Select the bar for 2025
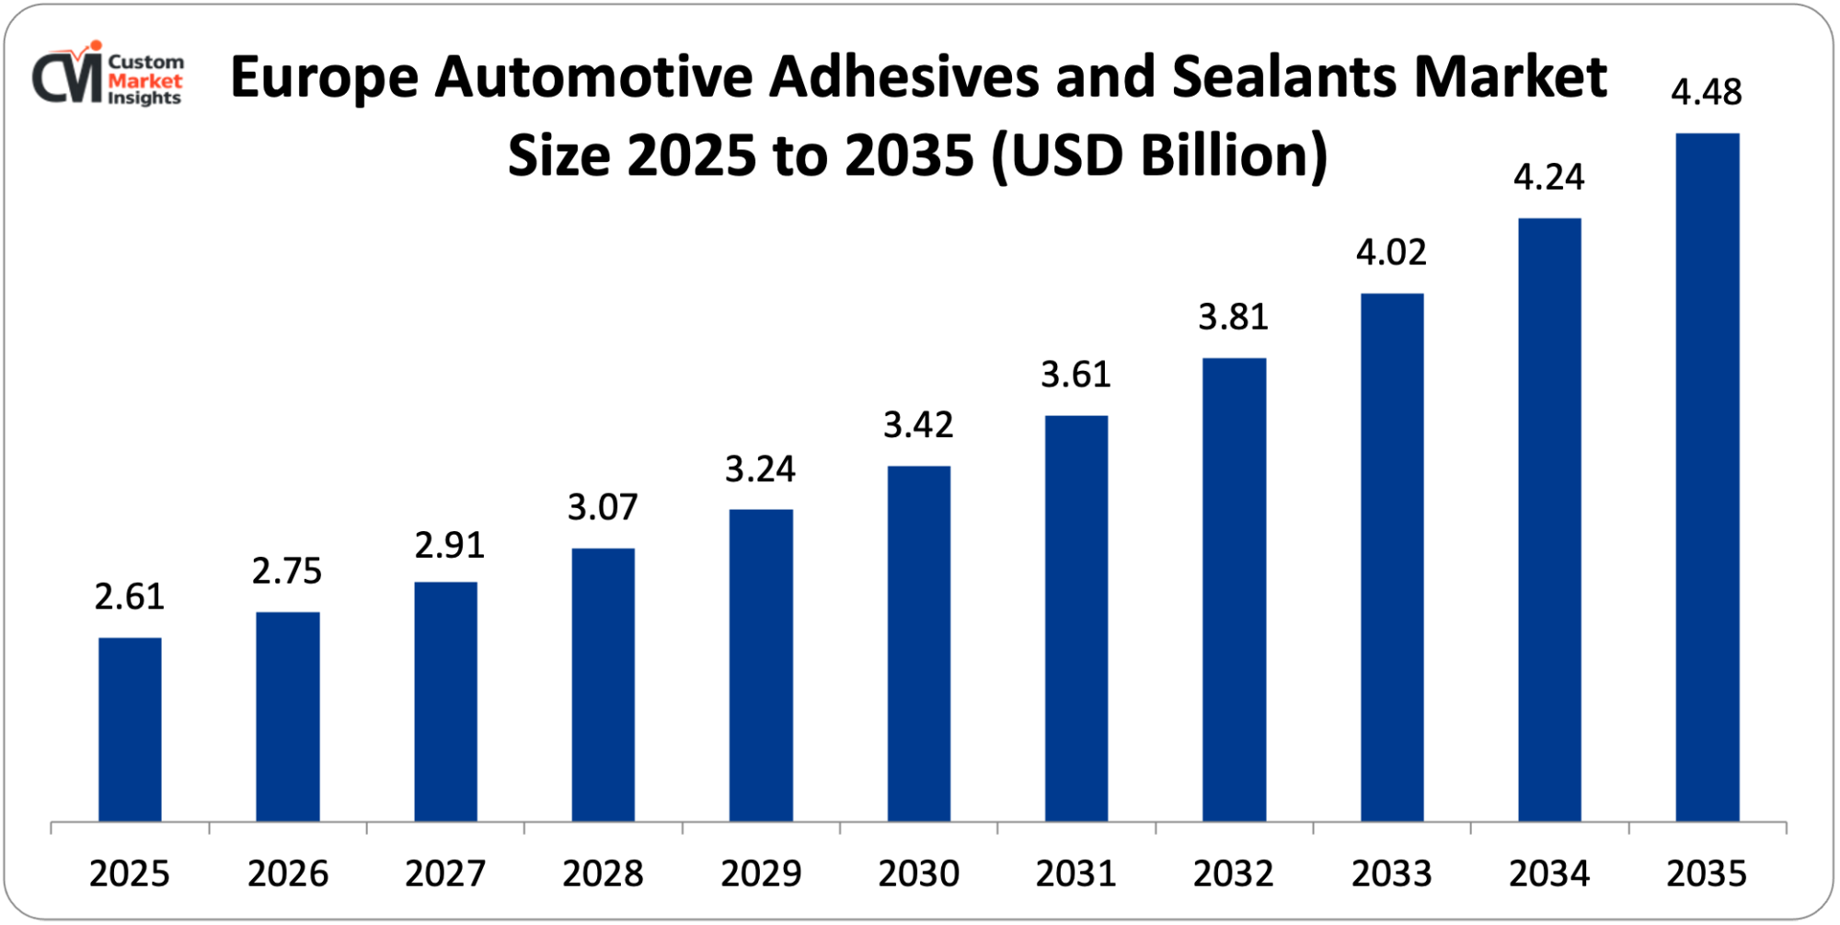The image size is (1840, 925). pos(130,729)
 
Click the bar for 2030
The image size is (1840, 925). pos(918,643)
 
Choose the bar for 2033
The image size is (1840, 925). pos(1391,557)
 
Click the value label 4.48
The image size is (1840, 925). pos(1706,92)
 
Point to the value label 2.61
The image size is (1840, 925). pos(130,596)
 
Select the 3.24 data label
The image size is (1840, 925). pos(760,469)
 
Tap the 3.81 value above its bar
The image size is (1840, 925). pos(1233,317)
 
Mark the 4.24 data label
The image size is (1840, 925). pos(1548,177)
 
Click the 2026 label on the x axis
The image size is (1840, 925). pos(287,873)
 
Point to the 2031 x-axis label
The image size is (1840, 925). pos(1075,873)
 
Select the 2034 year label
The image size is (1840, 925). pos(1548,873)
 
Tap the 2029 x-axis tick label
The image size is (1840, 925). pos(760,873)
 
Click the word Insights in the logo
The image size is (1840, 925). pos(144,98)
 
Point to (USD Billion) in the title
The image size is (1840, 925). pos(1159,156)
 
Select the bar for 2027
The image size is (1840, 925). pos(445,701)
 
